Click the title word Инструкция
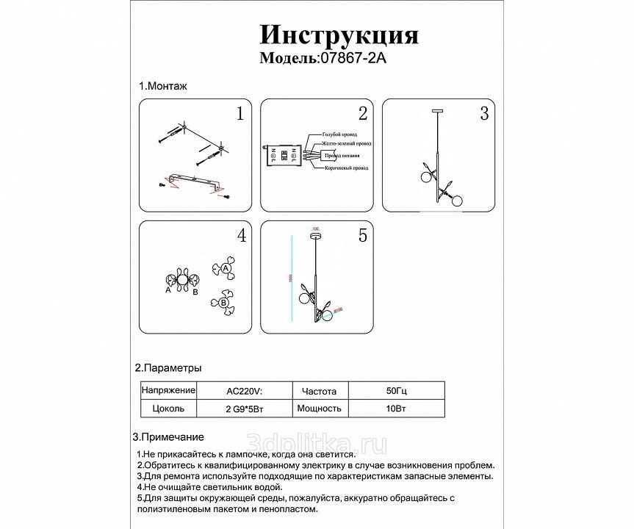pyautogui.click(x=339, y=35)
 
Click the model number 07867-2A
pyautogui.click(x=350, y=58)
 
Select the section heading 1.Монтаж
pyautogui.click(x=163, y=86)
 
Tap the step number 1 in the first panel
pyautogui.click(x=239, y=114)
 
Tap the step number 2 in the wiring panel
pyautogui.click(x=362, y=114)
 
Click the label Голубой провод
pyautogui.click(x=339, y=136)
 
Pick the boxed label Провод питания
pyautogui.click(x=343, y=156)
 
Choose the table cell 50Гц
pyautogui.click(x=395, y=390)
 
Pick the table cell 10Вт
pyautogui.click(x=395, y=409)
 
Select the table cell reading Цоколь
pyautogui.click(x=167, y=409)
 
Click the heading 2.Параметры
pyautogui.click(x=167, y=367)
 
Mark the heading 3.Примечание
pyautogui.click(x=168, y=436)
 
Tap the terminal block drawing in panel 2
pyautogui.click(x=284, y=156)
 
